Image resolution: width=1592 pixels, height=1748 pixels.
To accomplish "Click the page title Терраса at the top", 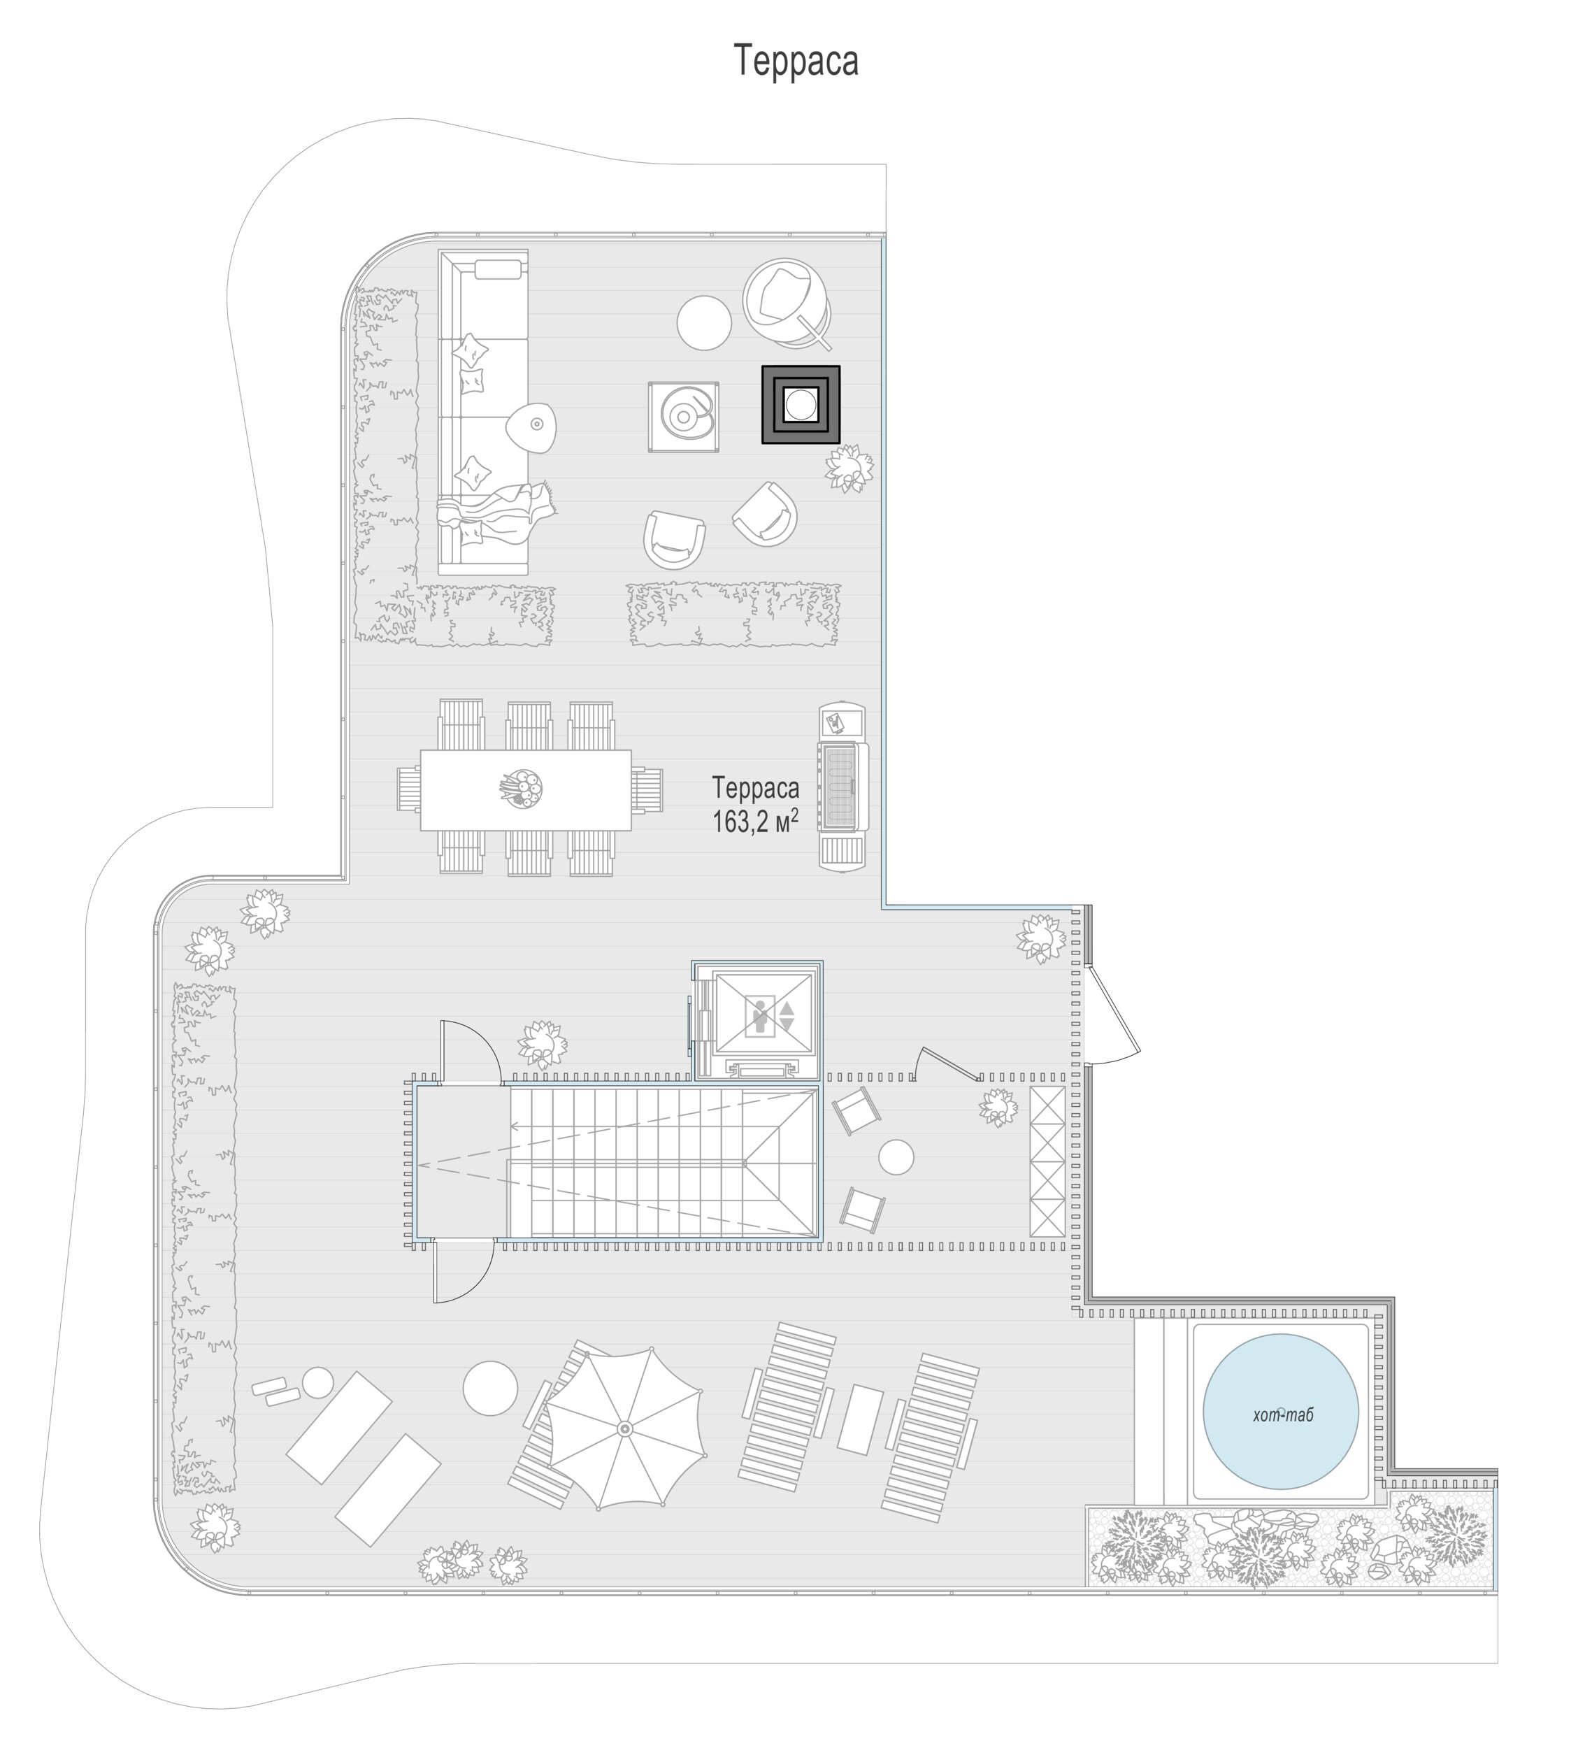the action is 795,61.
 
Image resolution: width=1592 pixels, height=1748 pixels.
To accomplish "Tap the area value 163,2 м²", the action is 754,820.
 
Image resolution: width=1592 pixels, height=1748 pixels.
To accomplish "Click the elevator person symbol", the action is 761,1016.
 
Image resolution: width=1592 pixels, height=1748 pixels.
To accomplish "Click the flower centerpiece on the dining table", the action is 523,789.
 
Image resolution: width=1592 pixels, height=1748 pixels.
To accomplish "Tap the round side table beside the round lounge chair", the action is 703,322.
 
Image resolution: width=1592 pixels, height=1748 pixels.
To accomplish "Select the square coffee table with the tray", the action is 683,416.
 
